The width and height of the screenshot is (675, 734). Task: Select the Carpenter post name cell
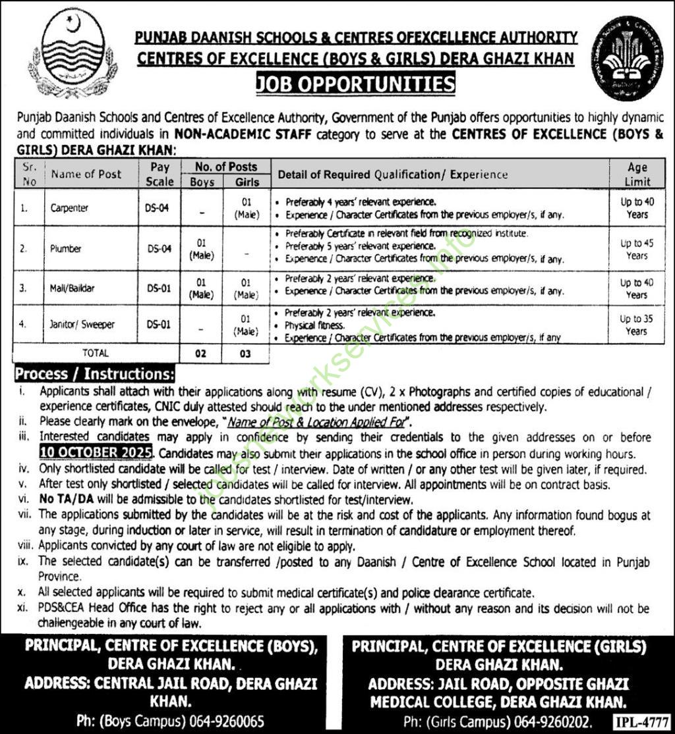tap(69, 208)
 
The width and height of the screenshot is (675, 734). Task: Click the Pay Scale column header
tap(160, 174)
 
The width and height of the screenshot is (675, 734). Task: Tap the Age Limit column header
tap(637, 174)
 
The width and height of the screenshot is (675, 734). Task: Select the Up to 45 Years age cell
tap(637, 249)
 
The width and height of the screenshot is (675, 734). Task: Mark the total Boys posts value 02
tap(201, 354)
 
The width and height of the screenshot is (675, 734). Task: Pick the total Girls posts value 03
tap(245, 354)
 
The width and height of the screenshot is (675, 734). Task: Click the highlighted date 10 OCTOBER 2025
tap(96, 454)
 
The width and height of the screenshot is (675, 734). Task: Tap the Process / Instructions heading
tap(94, 374)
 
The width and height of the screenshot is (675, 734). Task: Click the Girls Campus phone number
tap(558, 721)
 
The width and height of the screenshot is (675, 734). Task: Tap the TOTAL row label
tap(95, 353)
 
